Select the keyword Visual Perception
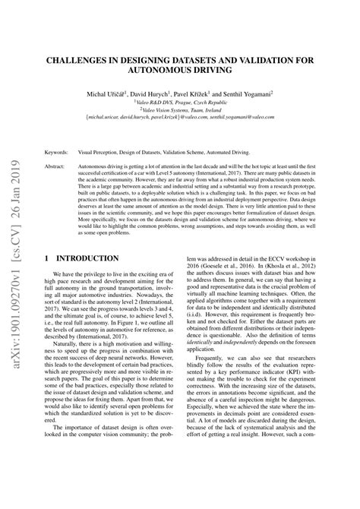(x=103, y=153)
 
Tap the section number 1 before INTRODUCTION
(x=48, y=258)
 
